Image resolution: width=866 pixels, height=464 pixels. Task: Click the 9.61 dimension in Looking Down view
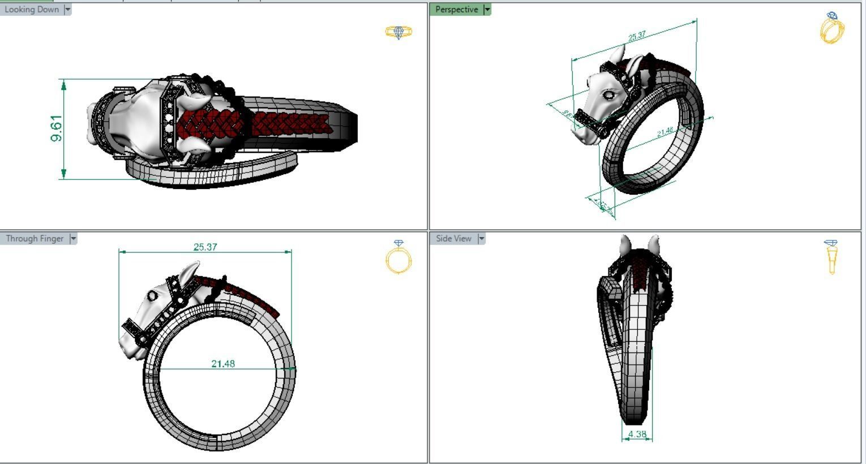point(57,128)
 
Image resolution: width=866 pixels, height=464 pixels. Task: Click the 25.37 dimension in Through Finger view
point(205,247)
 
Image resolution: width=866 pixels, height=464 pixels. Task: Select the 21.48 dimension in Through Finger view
point(223,364)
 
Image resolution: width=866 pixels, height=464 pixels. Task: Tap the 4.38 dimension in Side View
point(637,435)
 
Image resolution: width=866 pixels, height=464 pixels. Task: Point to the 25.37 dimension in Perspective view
point(637,36)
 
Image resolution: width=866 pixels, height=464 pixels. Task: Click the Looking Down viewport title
point(31,10)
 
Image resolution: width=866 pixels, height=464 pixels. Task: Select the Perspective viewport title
point(456,10)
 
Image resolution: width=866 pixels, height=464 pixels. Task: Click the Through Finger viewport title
point(35,239)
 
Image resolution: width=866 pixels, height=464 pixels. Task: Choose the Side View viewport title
point(453,239)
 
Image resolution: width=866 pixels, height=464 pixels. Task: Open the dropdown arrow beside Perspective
point(487,10)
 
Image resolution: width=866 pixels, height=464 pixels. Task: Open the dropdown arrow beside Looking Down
point(68,10)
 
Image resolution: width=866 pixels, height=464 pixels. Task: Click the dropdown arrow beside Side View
point(482,239)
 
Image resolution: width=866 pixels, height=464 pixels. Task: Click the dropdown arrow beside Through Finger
point(73,239)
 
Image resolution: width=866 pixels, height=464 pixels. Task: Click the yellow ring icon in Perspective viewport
point(832,28)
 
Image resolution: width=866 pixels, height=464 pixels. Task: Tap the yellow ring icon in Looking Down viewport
point(398,32)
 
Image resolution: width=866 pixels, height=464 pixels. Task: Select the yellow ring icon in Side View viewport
point(831,257)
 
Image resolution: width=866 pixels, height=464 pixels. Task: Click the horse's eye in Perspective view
point(608,95)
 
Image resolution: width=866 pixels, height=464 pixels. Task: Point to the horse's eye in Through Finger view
point(152,296)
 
